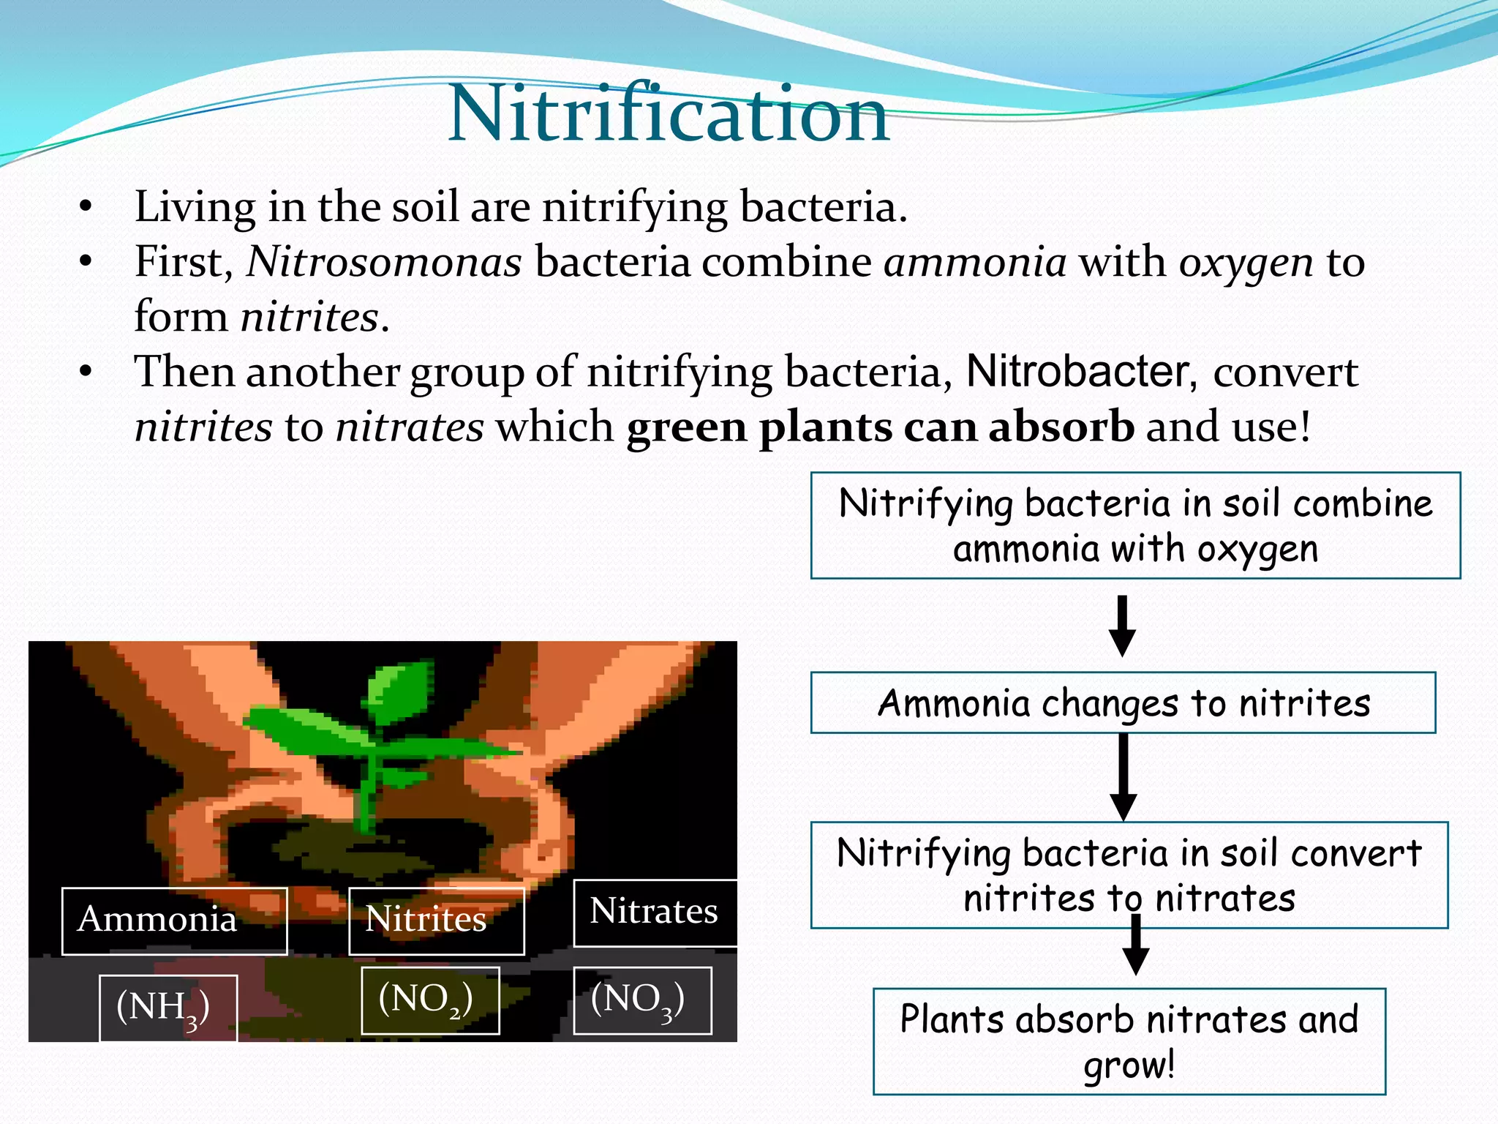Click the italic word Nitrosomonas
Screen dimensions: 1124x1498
[x=384, y=262]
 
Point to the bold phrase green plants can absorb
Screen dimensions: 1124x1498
[x=880, y=427]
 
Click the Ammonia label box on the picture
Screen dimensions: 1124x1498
[x=174, y=921]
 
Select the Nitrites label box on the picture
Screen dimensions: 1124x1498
[x=436, y=921]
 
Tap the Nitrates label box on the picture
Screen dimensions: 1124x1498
[x=655, y=913]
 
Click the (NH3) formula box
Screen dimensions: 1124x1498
[x=168, y=1007]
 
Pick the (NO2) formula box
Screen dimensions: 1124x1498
[x=430, y=1000]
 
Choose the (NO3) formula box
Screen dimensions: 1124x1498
[x=642, y=1000]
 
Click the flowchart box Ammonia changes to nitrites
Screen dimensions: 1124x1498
[x=1123, y=702]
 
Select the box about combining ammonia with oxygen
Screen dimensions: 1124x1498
[x=1135, y=525]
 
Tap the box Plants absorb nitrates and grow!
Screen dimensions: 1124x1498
[x=1129, y=1041]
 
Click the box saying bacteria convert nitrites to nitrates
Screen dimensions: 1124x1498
[x=1129, y=874]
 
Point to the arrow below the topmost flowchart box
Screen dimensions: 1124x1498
[x=1122, y=626]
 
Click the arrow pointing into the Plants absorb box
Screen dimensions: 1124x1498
[x=1135, y=948]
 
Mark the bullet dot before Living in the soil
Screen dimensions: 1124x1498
[x=86, y=207]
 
